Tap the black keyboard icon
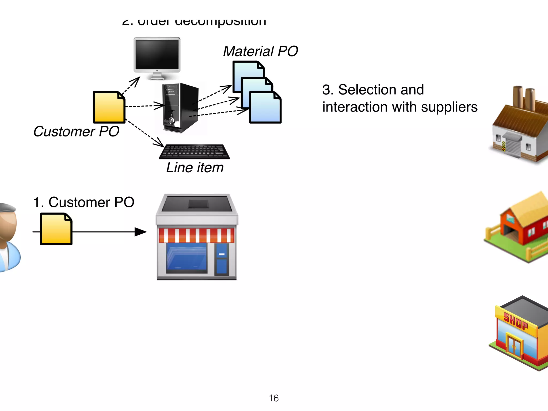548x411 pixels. (x=195, y=151)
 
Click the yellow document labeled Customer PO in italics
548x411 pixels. (x=109, y=107)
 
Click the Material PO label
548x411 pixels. (x=260, y=51)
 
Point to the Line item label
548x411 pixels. (x=195, y=168)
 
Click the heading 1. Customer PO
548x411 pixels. (x=83, y=202)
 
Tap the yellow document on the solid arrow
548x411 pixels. (x=56, y=229)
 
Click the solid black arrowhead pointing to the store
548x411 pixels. (x=140, y=232)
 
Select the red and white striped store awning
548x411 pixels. (x=196, y=235)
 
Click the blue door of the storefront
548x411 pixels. (x=222, y=259)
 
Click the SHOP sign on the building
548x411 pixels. (x=516, y=321)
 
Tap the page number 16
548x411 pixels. (x=274, y=398)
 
